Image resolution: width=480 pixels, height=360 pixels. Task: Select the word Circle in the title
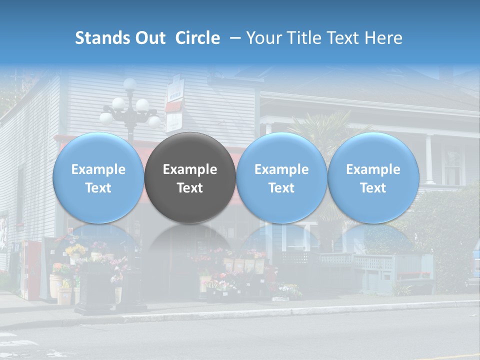[197, 38]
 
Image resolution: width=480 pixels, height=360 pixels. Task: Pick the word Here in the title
[383, 38]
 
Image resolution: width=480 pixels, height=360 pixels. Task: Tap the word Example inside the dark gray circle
[190, 169]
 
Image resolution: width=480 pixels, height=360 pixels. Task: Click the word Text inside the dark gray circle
[190, 188]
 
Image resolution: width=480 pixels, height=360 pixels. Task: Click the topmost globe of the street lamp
[130, 83]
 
